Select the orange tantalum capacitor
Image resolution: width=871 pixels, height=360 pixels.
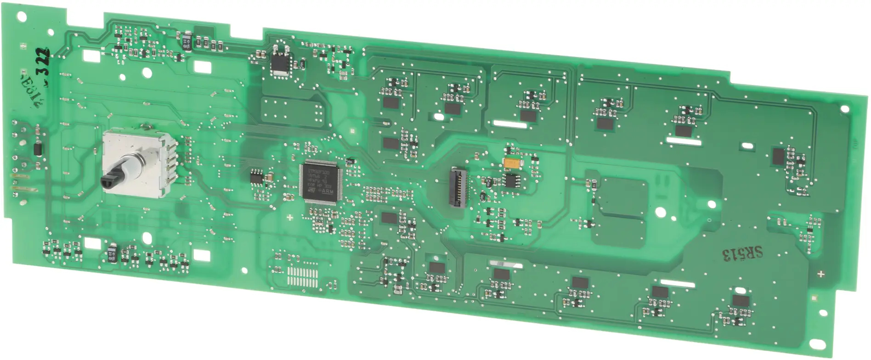click(511, 163)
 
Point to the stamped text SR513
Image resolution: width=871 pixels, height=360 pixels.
click(742, 253)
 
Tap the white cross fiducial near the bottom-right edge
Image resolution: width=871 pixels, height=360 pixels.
click(821, 274)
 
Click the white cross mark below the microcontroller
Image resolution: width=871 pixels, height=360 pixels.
click(290, 217)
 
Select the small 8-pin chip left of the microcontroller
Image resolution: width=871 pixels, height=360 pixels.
click(256, 177)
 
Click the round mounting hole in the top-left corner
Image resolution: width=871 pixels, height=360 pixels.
click(22, 17)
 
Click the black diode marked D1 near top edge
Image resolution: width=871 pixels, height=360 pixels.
click(186, 40)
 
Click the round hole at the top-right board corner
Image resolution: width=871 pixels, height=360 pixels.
click(844, 109)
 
